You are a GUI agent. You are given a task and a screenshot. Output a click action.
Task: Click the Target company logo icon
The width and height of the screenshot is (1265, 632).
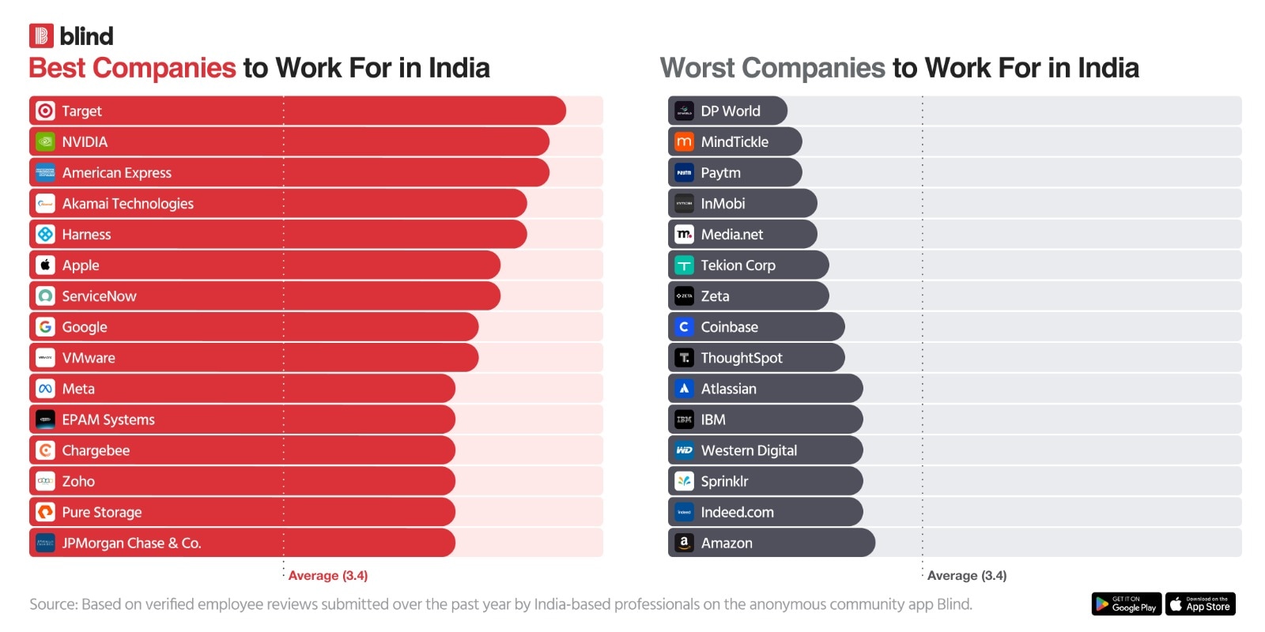45,111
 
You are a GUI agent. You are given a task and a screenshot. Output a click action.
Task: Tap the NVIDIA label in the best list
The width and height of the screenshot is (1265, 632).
85,142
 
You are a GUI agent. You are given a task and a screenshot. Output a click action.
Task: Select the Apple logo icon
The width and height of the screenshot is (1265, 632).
45,265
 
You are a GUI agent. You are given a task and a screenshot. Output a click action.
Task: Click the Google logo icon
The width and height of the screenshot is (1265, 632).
45,327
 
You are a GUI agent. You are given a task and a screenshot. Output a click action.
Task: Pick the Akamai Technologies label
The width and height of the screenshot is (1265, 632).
127,204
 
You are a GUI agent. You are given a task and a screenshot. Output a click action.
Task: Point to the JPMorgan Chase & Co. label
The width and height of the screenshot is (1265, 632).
131,544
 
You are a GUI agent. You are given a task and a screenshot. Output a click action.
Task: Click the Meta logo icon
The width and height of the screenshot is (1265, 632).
45,389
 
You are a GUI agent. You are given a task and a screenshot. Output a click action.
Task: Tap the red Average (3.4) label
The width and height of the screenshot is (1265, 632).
327,576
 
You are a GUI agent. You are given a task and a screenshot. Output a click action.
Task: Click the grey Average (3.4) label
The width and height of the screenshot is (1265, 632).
966,576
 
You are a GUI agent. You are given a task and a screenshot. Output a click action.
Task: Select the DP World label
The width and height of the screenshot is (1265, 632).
730,111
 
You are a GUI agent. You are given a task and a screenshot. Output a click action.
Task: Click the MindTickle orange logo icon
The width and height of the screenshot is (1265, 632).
684,142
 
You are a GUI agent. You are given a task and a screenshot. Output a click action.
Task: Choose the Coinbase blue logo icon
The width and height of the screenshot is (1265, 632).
684,327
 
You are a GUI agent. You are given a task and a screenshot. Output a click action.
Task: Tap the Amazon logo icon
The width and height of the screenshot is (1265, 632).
684,544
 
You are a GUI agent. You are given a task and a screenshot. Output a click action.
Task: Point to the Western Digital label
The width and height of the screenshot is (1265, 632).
748,451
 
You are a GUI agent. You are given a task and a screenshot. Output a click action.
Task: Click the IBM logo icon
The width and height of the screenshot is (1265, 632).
684,419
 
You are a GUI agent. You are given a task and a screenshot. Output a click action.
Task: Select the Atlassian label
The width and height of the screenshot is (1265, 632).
728,389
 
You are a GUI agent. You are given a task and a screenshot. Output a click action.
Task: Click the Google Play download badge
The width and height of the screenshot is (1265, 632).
1126,604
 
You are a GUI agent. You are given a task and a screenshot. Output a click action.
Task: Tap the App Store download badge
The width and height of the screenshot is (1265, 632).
1200,604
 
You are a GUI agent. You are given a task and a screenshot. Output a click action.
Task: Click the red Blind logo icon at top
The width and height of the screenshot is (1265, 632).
41,36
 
